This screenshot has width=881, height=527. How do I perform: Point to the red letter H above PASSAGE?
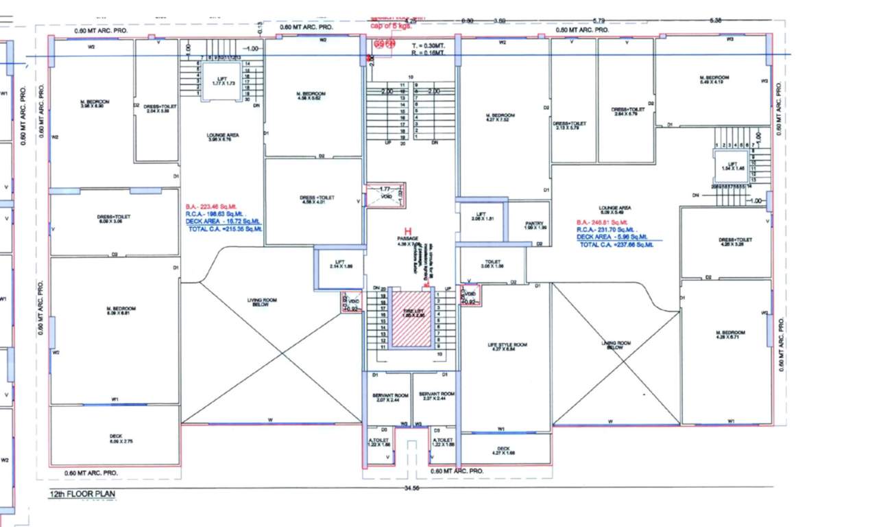(408, 231)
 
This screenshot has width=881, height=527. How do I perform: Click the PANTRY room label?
(534, 225)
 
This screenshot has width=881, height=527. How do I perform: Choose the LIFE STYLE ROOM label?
(507, 347)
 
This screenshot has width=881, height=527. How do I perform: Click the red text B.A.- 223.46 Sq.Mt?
(214, 206)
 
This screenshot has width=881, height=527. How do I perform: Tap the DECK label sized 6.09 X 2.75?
(115, 438)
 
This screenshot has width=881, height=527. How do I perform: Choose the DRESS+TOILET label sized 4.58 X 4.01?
(315, 200)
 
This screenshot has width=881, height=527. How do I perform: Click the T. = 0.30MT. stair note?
(424, 45)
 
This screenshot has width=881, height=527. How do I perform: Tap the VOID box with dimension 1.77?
(385, 194)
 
